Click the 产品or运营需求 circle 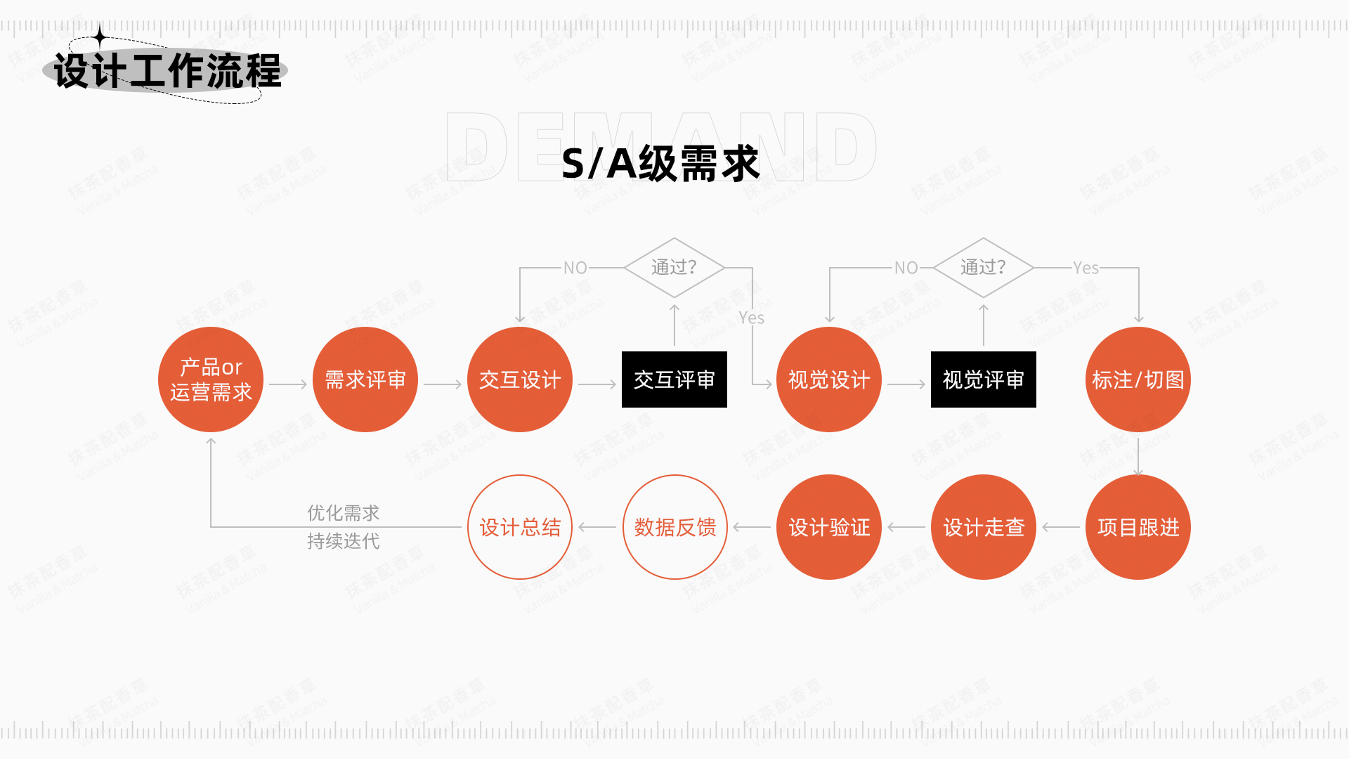(x=211, y=379)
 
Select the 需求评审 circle (x=365, y=379)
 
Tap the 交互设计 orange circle (x=520, y=379)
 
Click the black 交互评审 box (x=674, y=379)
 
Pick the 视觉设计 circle (x=829, y=379)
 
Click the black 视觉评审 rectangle (x=984, y=379)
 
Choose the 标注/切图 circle (x=1138, y=379)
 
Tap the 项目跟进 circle (x=1138, y=527)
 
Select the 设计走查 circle (x=984, y=527)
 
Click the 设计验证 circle (x=829, y=527)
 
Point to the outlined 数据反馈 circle (x=674, y=527)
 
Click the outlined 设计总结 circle (x=520, y=527)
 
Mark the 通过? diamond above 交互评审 (x=674, y=268)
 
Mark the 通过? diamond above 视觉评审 (x=984, y=268)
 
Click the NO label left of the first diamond (x=575, y=268)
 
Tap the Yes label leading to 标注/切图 (x=1086, y=268)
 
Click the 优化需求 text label (x=344, y=513)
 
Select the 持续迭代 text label (x=344, y=541)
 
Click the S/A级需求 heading (x=660, y=164)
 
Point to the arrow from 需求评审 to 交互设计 (x=443, y=384)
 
